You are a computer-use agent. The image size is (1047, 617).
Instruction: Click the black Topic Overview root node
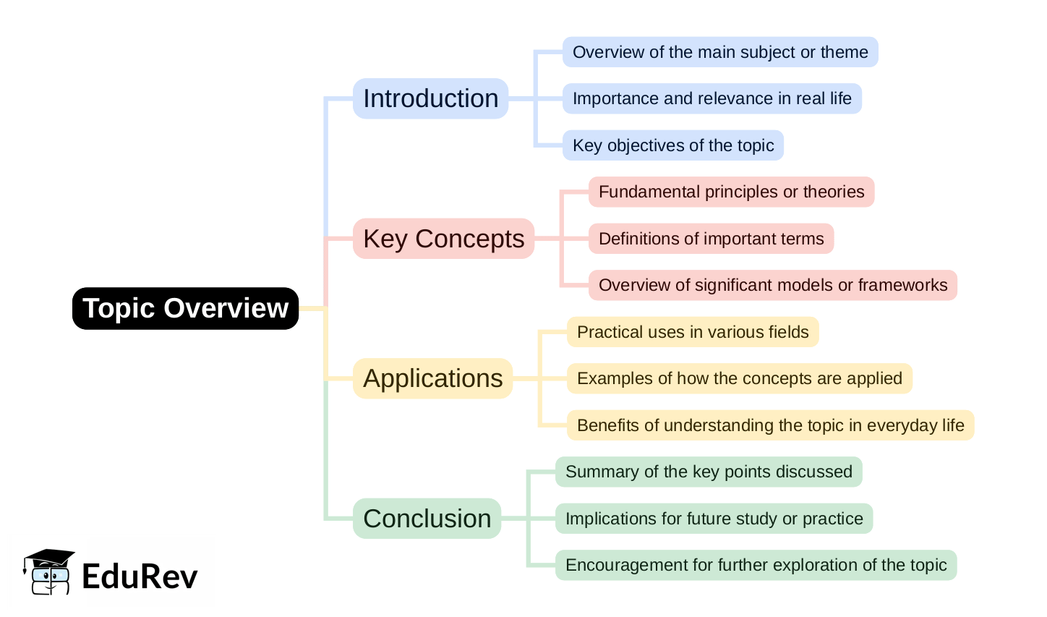coord(185,308)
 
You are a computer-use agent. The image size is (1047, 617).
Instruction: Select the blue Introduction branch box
coord(430,98)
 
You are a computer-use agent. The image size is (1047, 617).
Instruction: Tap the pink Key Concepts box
coord(443,239)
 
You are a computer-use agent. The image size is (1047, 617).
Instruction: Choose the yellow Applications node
coord(432,378)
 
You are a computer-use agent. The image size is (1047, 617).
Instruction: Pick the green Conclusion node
coord(427,519)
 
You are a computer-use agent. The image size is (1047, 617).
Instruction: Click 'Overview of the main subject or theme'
coord(720,52)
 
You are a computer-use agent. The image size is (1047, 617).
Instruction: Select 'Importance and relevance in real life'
coord(711,98)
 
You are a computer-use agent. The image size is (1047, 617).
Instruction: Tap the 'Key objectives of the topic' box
coord(672,145)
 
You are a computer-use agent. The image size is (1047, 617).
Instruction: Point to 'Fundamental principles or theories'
coord(731,192)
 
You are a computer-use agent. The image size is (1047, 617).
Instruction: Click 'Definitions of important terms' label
coord(711,239)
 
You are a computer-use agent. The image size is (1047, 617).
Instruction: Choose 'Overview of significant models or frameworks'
coord(772,285)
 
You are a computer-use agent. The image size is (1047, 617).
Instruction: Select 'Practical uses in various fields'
coord(693,332)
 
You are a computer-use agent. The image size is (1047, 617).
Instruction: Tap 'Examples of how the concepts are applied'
coord(739,378)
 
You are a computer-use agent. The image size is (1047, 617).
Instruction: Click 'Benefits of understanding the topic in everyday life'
coord(770,425)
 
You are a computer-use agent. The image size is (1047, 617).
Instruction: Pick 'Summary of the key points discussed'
coord(709,472)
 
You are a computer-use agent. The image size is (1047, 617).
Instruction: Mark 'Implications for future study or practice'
coord(714,519)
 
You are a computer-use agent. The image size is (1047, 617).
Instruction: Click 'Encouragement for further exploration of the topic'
coord(756,565)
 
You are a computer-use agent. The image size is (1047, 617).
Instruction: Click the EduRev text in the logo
coord(140,576)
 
